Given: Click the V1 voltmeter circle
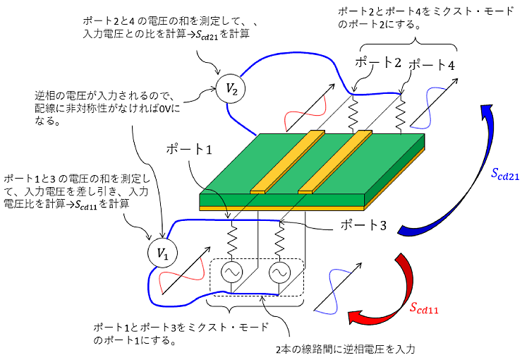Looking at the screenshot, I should click(162, 253).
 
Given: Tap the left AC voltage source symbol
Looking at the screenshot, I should click(231, 273).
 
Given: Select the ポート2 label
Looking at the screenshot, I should click(377, 63).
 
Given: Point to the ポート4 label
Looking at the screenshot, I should click(432, 65).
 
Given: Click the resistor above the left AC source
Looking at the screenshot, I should click(232, 238).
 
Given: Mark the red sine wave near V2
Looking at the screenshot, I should click(303, 113).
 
